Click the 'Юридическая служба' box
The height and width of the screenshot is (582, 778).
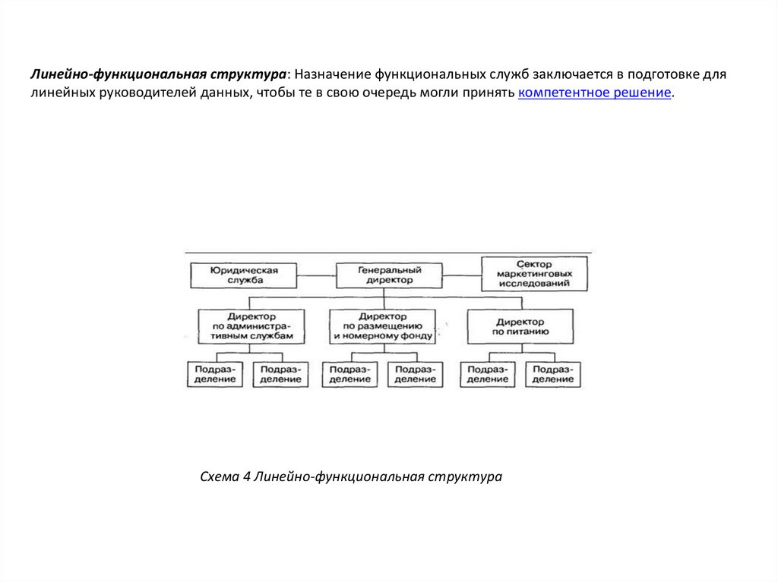244,275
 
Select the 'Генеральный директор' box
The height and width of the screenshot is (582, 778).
388,275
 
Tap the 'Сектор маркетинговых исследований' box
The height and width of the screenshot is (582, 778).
534,274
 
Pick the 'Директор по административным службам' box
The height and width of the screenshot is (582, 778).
251,325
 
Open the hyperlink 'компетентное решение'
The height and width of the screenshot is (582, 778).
596,93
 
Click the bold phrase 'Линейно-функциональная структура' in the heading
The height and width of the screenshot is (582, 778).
158,75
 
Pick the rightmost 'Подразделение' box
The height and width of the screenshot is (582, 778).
553,374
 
